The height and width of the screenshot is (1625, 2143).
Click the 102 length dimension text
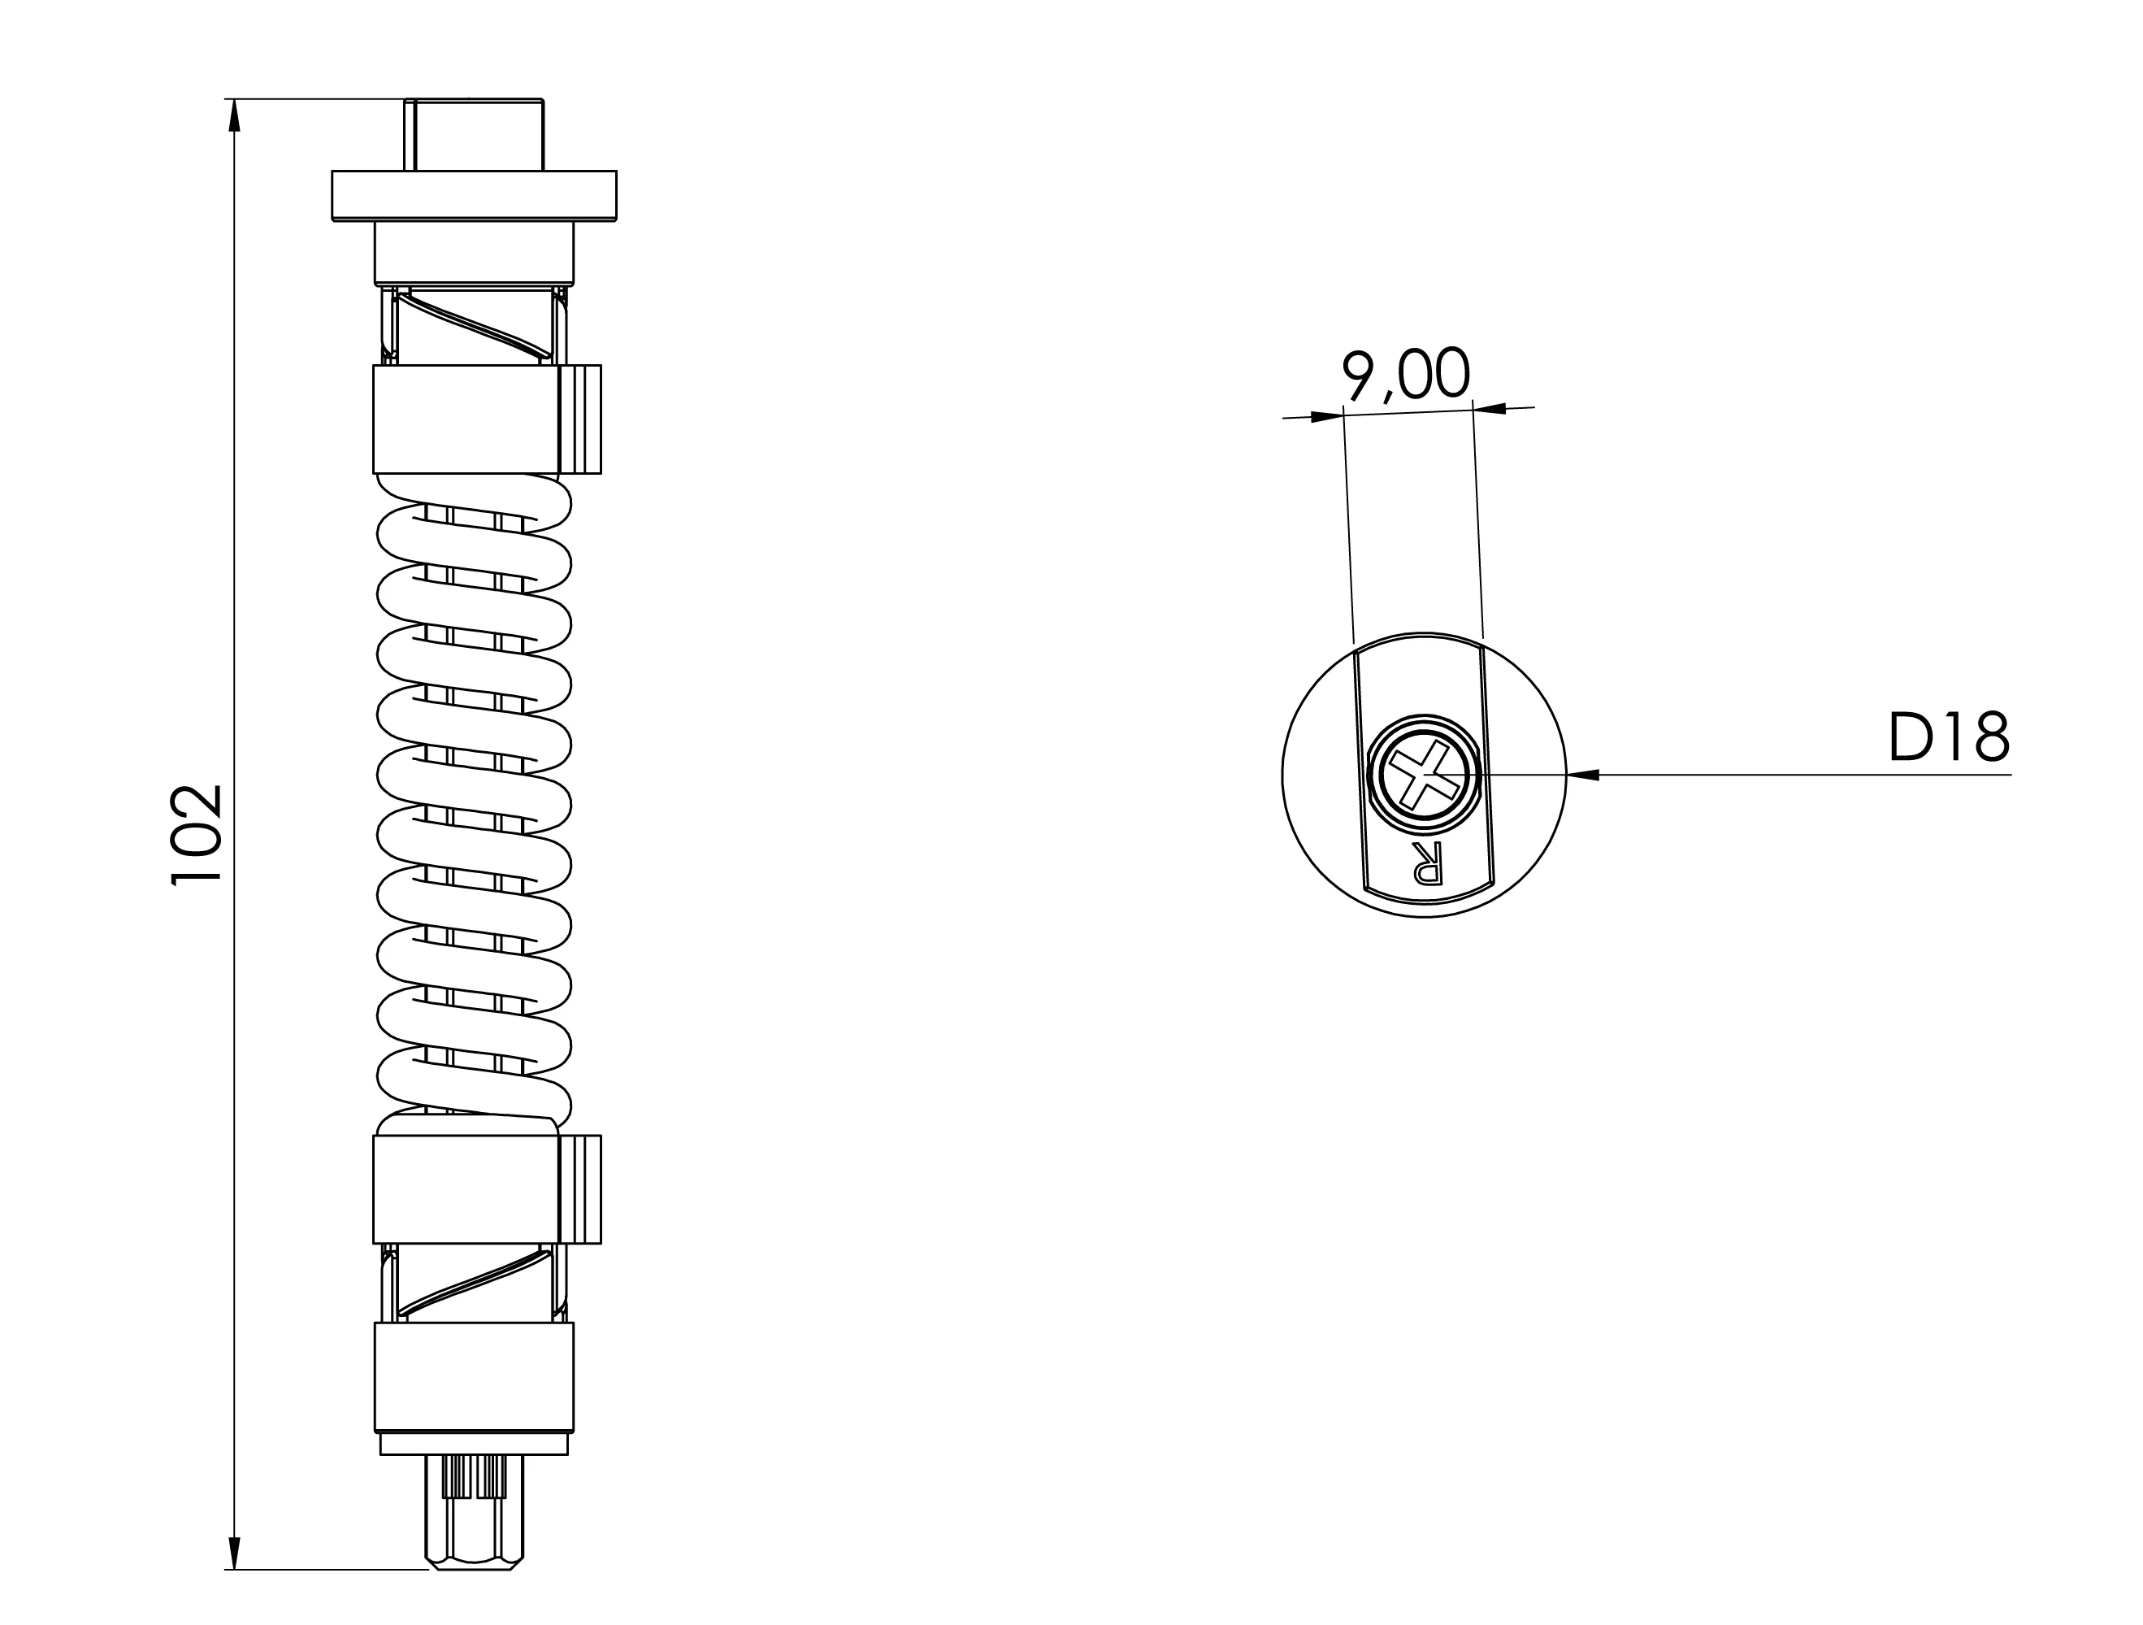click(x=197, y=833)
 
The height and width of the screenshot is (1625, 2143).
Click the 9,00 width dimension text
click(x=1406, y=375)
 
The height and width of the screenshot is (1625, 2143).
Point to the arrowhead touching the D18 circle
click(x=1582, y=774)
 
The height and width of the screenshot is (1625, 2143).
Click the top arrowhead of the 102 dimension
click(x=233, y=116)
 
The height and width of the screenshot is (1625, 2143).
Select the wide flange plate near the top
click(x=474, y=196)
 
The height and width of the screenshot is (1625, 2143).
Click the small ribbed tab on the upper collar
click(x=580, y=419)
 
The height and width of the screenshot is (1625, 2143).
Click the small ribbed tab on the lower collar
click(x=580, y=1189)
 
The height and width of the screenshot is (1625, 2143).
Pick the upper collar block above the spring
click(x=465, y=419)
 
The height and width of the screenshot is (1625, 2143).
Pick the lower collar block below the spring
click(x=465, y=1189)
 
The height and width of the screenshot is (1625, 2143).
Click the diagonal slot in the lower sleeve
click(x=474, y=1282)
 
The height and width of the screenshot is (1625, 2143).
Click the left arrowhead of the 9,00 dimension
click(x=1326, y=418)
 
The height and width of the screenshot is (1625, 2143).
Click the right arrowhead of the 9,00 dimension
click(x=1490, y=408)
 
